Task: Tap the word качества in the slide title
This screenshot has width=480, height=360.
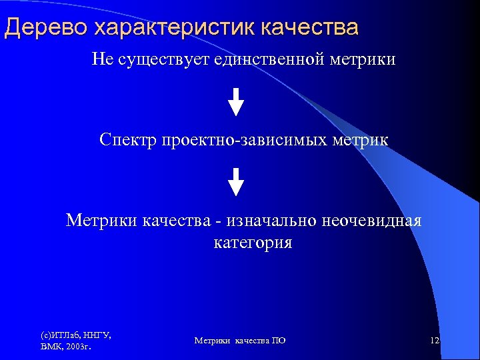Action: click(x=309, y=27)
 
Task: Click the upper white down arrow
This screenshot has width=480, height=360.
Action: click(x=236, y=102)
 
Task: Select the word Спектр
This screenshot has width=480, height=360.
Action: click(x=127, y=140)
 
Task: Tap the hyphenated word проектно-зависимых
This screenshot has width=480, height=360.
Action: click(x=252, y=140)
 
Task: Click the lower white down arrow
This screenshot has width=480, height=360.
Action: click(x=236, y=181)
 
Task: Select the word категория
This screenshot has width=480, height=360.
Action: click(x=253, y=243)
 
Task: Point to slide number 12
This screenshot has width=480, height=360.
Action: click(x=435, y=341)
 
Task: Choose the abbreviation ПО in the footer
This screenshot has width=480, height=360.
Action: click(x=279, y=341)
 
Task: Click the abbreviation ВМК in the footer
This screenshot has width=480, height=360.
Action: click(x=52, y=347)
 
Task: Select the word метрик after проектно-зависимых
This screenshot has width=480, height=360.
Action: click(x=365, y=140)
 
